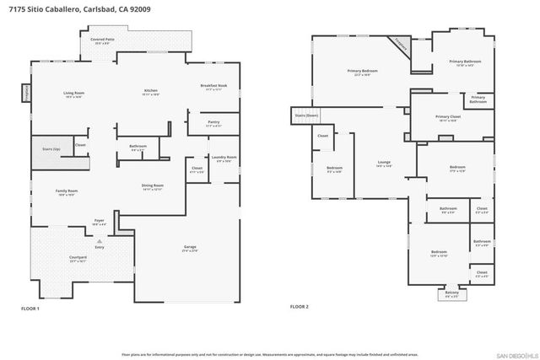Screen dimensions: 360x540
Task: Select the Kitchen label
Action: [150, 90]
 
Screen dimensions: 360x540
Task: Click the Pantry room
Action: [213, 124]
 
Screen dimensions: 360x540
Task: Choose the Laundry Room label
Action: [224, 158]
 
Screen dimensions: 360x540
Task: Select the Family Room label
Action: [67, 191]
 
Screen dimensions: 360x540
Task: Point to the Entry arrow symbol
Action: [100, 240]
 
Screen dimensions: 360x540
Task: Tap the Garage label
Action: [190, 248]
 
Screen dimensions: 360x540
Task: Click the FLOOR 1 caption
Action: [30, 309]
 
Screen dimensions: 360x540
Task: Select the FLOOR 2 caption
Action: [300, 307]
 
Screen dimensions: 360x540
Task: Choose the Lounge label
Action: [382, 164]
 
